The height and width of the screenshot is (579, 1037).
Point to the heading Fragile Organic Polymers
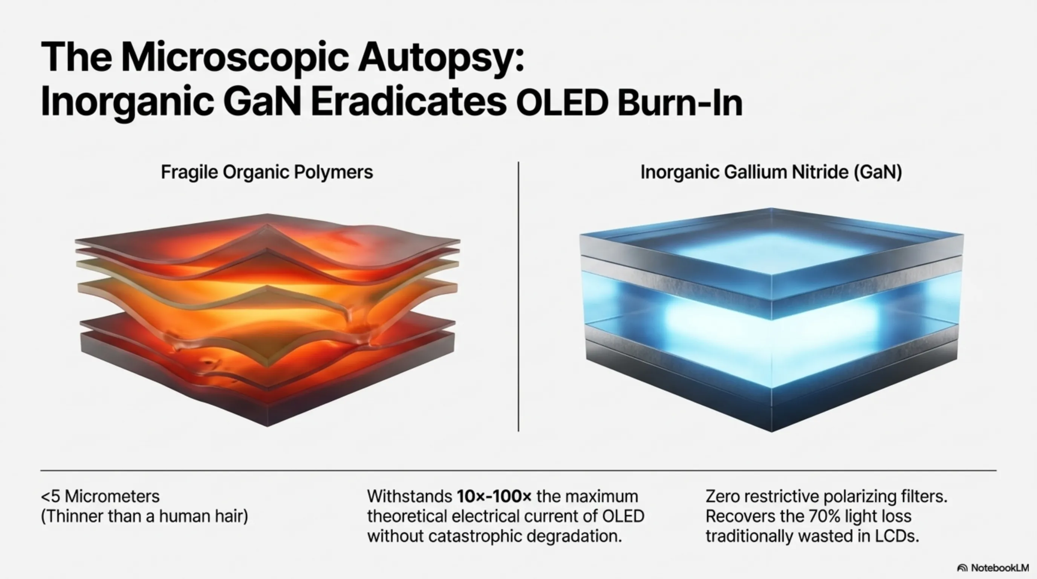[267, 172]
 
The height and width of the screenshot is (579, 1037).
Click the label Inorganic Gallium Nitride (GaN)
[771, 172]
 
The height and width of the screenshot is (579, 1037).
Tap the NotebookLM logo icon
[962, 568]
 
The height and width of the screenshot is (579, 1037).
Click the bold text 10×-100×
[494, 496]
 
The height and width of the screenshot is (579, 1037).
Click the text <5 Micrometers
[100, 496]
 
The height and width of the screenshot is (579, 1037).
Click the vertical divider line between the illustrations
[518, 297]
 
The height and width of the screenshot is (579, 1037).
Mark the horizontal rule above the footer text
[518, 470]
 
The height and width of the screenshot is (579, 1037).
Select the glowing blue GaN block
[771, 320]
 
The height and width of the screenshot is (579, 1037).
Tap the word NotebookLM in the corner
[1000, 568]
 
